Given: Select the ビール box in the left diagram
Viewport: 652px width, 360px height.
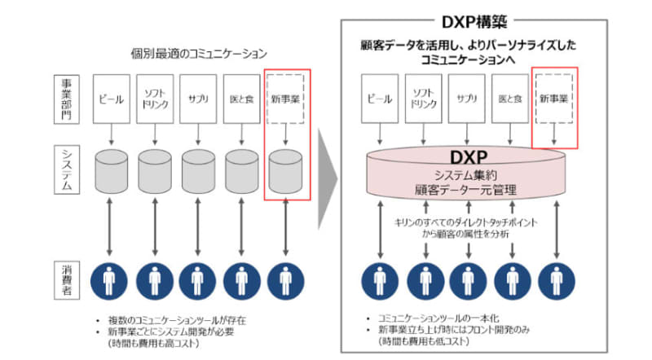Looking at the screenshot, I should coord(111,99).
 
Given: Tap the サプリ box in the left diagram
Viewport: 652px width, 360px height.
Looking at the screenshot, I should coord(198,99).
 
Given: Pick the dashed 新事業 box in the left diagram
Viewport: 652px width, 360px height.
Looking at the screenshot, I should coord(285,99).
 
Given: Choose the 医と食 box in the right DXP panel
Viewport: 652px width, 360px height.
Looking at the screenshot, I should coord(511,99).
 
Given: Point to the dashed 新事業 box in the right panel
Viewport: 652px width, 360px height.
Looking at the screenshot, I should coord(554,99).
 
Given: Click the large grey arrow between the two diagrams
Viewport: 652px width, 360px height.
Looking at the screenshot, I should coord(327,175).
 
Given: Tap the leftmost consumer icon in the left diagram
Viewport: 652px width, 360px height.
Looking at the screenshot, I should coord(111,279).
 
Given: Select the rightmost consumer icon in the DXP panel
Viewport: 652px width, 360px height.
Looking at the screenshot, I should coord(556,279).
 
